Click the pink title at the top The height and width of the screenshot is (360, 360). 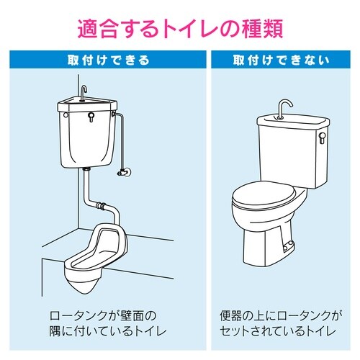tap(180, 28)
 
